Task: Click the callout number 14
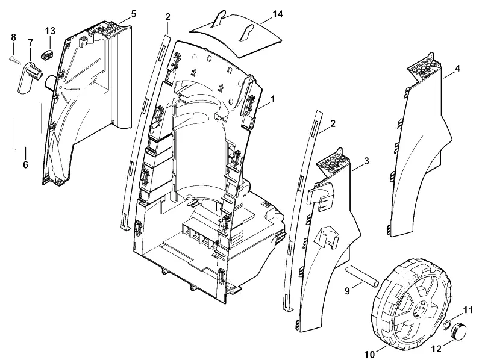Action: tap(278, 14)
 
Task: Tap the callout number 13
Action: tap(50, 31)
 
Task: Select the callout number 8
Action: tap(13, 37)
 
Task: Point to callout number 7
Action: tap(31, 43)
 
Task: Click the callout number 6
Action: tap(25, 164)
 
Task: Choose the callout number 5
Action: tap(133, 14)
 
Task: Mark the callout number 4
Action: tap(457, 69)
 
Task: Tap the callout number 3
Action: tap(366, 161)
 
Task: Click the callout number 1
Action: tap(273, 99)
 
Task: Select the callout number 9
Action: tap(348, 291)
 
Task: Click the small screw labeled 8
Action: tap(14, 59)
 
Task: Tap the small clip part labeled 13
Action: tap(47, 55)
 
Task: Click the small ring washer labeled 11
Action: tap(448, 324)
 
